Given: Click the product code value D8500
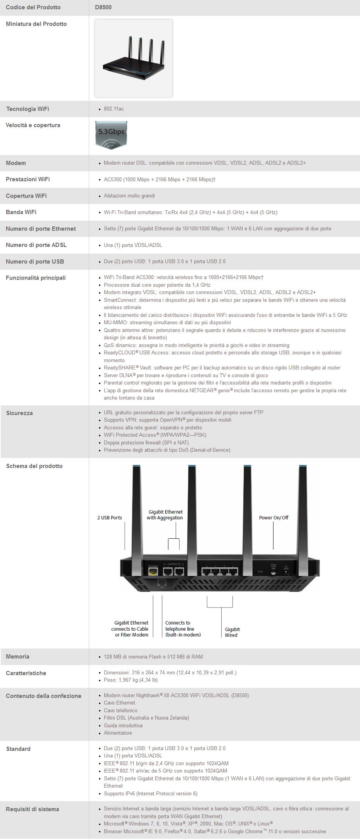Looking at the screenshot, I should (103, 7).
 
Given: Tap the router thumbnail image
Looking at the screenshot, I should (133, 58).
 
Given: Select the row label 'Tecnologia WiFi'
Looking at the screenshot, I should (27, 109).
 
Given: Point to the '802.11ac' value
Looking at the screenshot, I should (114, 109).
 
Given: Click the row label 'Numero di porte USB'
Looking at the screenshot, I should (35, 262).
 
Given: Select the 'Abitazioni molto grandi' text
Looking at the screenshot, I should (129, 196).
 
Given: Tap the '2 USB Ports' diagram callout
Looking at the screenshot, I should (109, 518).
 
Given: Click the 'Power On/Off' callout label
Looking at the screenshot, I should (273, 518).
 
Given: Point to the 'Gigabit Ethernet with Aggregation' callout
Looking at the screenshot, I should (165, 515).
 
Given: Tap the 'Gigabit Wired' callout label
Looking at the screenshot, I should (232, 632).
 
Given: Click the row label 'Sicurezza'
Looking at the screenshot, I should (19, 413).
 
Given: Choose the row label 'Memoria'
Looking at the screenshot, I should (17, 657).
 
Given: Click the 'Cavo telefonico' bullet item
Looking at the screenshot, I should (121, 710).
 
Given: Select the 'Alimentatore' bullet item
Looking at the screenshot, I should (118, 733).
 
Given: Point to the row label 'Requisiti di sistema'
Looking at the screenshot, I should (32, 809).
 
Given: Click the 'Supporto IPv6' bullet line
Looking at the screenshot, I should (150, 793).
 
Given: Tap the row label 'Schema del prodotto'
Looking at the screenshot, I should (34, 466).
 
